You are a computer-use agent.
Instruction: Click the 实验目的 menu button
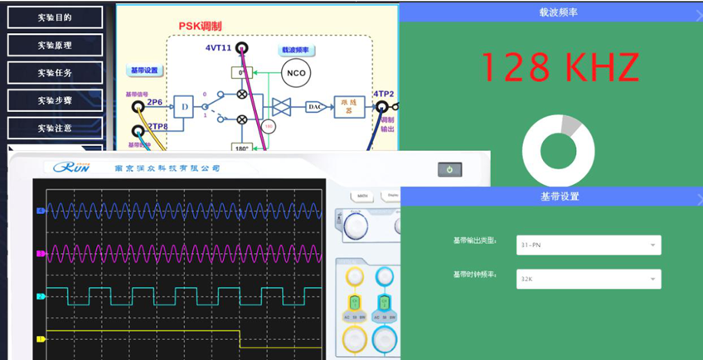coord(55,17)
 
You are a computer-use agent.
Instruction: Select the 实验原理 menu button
coord(55,45)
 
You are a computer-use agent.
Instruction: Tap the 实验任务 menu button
coord(55,72)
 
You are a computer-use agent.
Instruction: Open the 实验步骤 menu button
coord(55,100)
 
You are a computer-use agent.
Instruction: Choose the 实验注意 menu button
coord(55,128)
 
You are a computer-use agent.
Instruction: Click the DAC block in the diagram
coord(314,106)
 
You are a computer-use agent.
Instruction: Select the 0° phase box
coord(242,73)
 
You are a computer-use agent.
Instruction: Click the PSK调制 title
coord(200,27)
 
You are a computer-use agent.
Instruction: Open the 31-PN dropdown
coord(588,245)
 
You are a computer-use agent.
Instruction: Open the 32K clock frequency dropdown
coord(588,280)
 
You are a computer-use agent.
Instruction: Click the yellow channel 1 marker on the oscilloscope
coord(40,339)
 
